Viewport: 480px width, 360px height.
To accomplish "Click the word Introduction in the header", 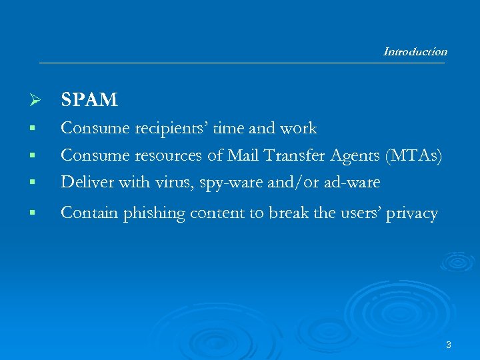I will click(415, 51).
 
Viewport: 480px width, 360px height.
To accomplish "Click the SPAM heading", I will click(89, 100).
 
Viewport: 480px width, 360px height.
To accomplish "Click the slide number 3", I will click(449, 345).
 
